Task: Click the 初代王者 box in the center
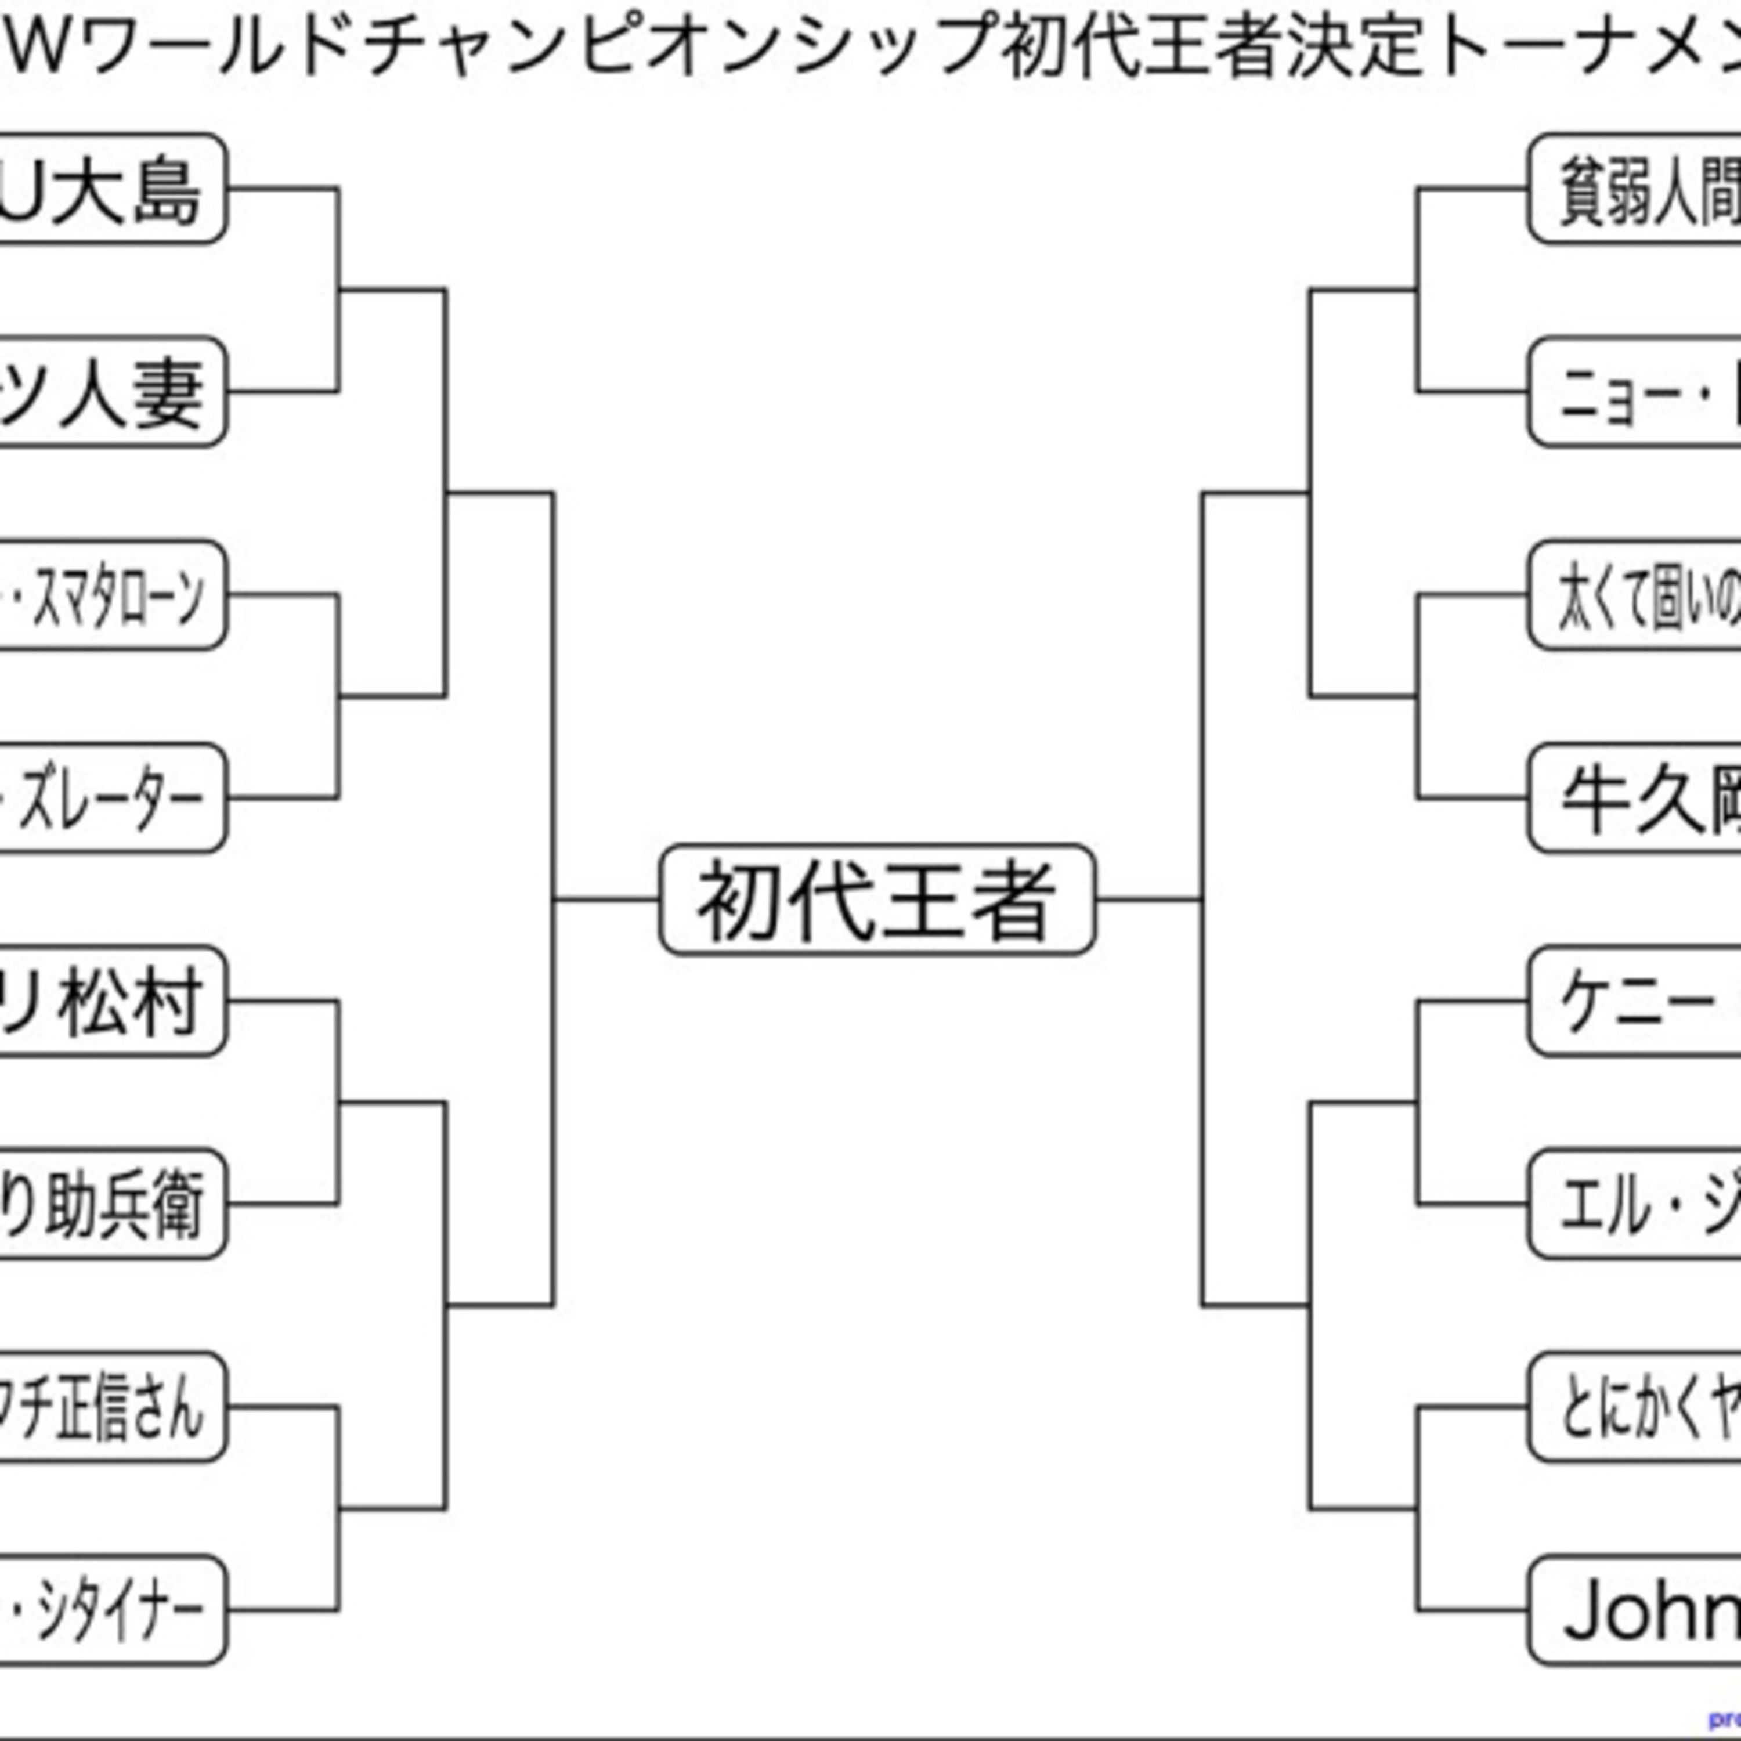pyautogui.click(x=877, y=900)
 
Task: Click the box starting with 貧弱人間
pyautogui.click(x=1635, y=189)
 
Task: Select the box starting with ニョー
pyautogui.click(x=1635, y=392)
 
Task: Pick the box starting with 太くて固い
pyautogui.click(x=1635, y=595)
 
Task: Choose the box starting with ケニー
pyautogui.click(x=1635, y=1001)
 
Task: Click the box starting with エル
pyautogui.click(x=1635, y=1204)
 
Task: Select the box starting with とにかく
pyautogui.click(x=1635, y=1407)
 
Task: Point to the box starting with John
pyautogui.click(x=1635, y=1610)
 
